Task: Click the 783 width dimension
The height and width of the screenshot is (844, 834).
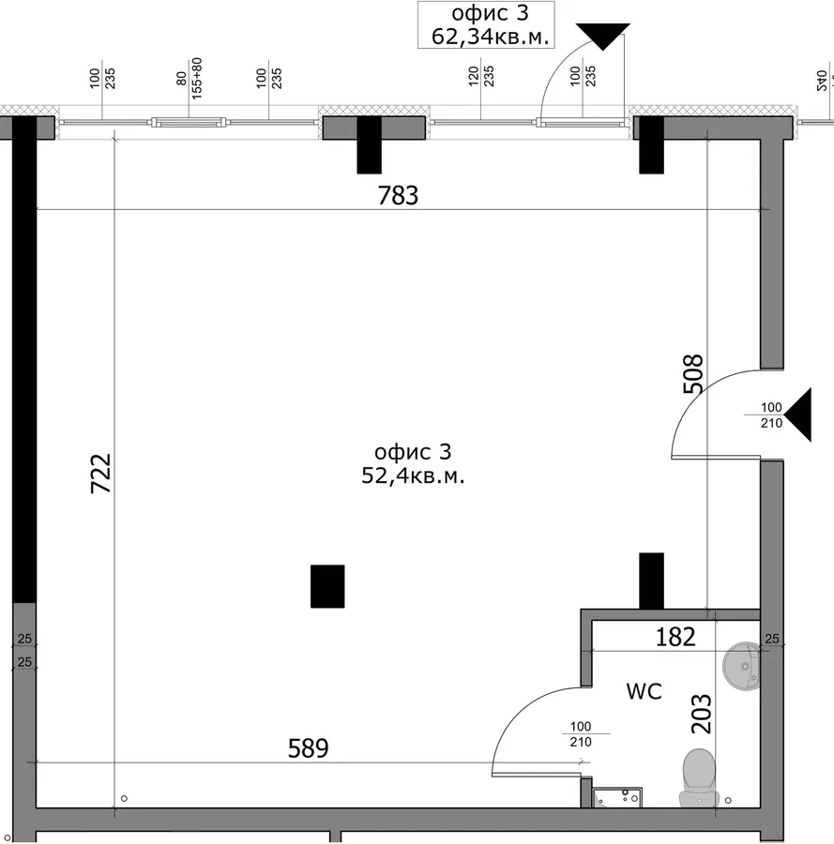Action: click(398, 195)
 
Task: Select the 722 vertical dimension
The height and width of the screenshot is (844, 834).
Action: click(100, 474)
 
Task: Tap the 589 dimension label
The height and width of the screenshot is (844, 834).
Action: click(308, 748)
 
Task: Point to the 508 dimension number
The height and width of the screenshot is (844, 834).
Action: click(693, 373)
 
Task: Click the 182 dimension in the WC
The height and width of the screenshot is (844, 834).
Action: click(675, 638)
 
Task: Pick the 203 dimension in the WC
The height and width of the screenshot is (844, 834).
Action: click(701, 714)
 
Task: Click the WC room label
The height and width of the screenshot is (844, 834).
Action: click(644, 691)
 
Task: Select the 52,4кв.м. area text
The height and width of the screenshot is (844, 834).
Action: click(413, 475)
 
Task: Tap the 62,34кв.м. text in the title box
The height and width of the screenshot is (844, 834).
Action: click(490, 37)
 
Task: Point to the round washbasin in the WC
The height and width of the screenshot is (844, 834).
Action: click(741, 666)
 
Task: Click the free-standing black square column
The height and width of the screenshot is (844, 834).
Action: click(327, 586)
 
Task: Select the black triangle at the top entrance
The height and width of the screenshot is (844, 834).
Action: click(603, 37)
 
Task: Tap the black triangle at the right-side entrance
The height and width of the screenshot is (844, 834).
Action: click(798, 415)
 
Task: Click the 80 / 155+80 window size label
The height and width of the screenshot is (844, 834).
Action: click(189, 78)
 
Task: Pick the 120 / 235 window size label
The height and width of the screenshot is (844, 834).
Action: click(481, 77)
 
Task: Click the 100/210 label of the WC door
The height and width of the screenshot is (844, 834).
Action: click(581, 734)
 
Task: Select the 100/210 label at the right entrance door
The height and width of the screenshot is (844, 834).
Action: click(771, 415)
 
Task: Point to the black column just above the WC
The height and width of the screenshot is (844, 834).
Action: click(651, 580)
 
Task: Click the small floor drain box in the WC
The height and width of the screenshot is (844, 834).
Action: click(617, 798)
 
